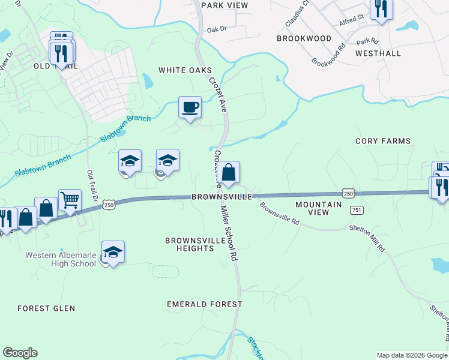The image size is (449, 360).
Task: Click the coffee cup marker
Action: click(190, 108)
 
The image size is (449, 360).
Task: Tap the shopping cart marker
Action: click(70, 200)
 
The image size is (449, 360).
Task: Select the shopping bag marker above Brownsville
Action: click(228, 173)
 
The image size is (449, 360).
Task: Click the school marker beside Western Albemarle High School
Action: click(113, 253)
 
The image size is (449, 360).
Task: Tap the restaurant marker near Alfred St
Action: click(381, 9)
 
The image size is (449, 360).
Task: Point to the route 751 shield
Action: click(357, 209)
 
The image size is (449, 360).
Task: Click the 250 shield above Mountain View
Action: click(349, 193)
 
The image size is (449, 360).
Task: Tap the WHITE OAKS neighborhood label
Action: click(181, 70)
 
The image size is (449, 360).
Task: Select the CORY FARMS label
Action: click(383, 141)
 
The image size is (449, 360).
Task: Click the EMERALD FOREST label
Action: click(205, 304)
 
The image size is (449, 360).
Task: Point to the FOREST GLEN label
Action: click(46, 308)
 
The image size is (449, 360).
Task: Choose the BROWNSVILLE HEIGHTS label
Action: click(190, 244)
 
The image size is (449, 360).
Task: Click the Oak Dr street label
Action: click(216, 29)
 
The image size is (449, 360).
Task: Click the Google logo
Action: click(20, 353)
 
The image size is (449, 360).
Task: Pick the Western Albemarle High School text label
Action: click(60, 259)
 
